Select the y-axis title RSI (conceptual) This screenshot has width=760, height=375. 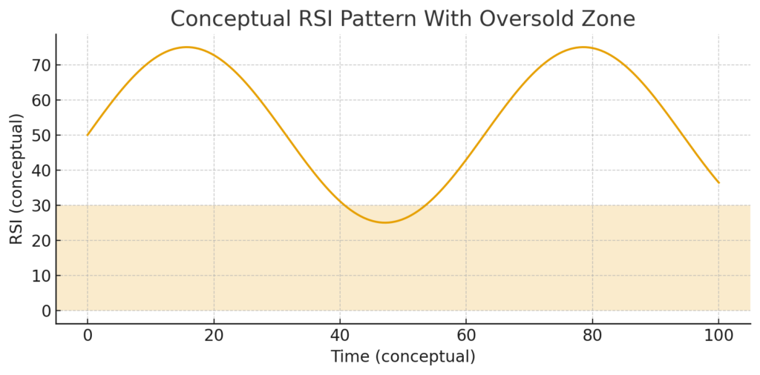click(x=16, y=179)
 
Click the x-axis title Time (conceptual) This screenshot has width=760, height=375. click(x=403, y=356)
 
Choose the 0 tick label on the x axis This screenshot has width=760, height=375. click(x=88, y=335)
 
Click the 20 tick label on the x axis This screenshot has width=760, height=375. click(x=214, y=335)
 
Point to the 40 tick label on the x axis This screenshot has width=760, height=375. click(x=340, y=335)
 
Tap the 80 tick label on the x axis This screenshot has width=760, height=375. click(x=592, y=335)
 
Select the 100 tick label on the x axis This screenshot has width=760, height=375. click(x=718, y=335)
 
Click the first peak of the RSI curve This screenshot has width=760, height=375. click(x=186, y=47)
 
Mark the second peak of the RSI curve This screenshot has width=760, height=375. click(x=583, y=47)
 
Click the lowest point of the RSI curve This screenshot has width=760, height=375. click(x=384, y=222)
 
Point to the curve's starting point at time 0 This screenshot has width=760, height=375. click(x=88, y=135)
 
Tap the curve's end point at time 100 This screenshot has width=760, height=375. click(x=718, y=182)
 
